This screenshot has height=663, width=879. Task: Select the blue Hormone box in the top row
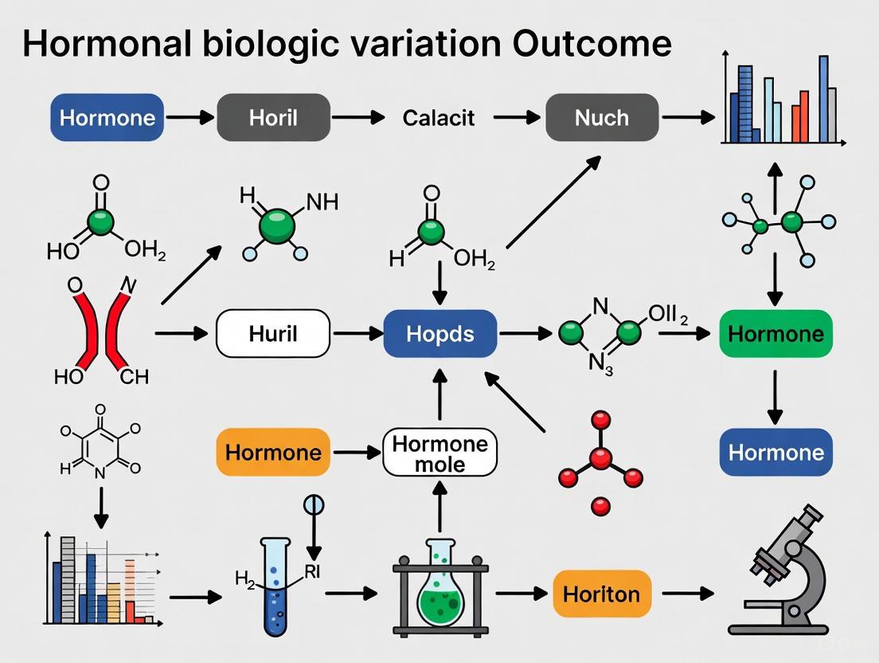point(107,118)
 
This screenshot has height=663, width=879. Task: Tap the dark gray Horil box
point(273,118)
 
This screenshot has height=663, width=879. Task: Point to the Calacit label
point(439,118)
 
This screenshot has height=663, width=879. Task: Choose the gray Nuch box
point(602,118)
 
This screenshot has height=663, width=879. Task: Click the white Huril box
point(273,333)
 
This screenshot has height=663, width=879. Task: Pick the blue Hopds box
point(440,333)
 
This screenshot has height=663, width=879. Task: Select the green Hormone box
point(775,333)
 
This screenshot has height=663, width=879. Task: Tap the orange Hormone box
point(273,453)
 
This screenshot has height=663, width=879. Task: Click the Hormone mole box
point(440,453)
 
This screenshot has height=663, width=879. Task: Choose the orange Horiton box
point(602,594)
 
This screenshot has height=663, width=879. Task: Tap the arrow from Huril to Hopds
point(356,333)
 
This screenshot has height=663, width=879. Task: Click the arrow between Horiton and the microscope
point(687,594)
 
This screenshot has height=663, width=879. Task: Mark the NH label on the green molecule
point(321,202)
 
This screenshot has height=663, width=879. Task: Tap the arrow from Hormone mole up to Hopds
point(440,394)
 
